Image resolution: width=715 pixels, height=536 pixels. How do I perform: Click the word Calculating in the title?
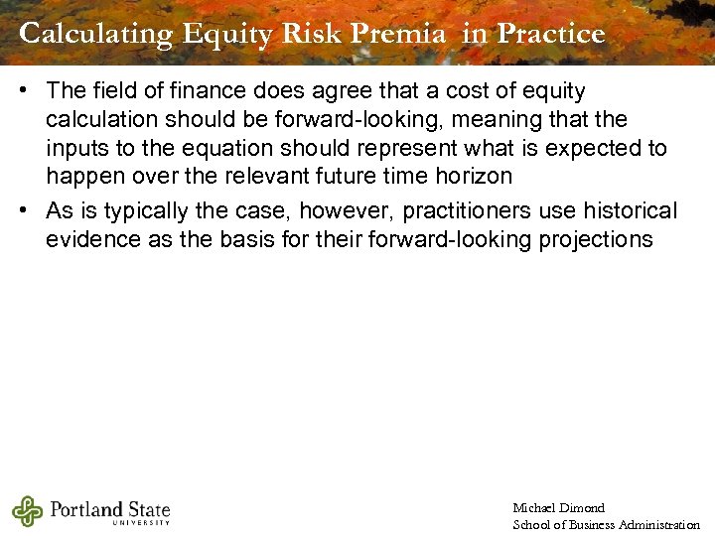(95, 34)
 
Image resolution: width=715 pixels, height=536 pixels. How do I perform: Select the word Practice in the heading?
(550, 34)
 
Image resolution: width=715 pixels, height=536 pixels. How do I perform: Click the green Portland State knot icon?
(28, 511)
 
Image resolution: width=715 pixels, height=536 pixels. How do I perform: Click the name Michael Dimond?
(558, 508)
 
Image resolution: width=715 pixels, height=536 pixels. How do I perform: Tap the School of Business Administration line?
(606, 524)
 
